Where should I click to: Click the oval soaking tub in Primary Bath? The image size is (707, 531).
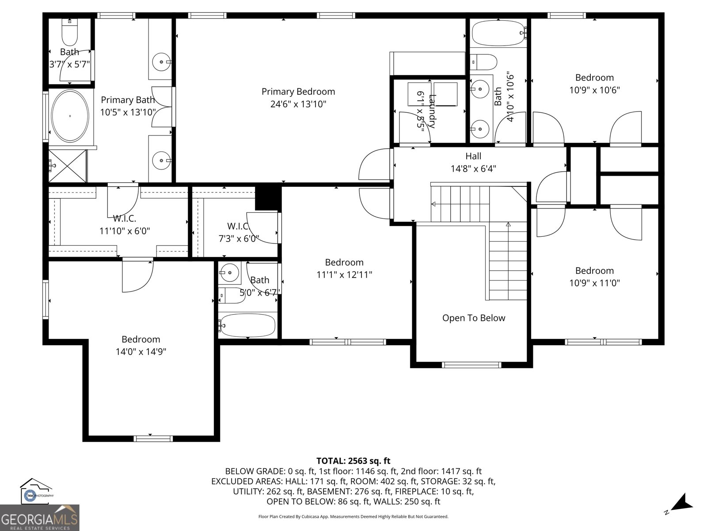[x=70, y=116]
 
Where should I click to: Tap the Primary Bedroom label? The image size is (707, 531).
[x=298, y=92]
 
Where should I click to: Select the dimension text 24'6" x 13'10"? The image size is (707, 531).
[x=298, y=104]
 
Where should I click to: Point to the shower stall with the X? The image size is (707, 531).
[x=67, y=166]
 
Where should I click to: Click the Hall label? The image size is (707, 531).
[x=473, y=156]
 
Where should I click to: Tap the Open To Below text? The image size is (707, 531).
[x=473, y=318]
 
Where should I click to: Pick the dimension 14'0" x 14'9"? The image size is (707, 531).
[x=141, y=352]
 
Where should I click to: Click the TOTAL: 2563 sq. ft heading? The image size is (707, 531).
[x=353, y=461]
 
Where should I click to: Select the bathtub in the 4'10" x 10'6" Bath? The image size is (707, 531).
[x=498, y=33]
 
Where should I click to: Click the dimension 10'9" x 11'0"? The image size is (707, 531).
[x=594, y=283]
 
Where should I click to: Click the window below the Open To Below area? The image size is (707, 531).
[x=471, y=365]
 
